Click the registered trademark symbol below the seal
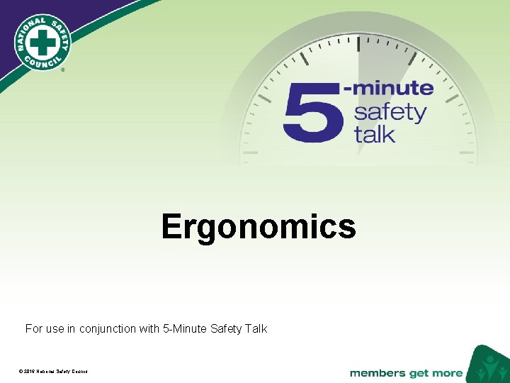coord(62,71)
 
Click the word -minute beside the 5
coord(388,89)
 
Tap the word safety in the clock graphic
coord(390,112)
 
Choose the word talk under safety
coord(375,134)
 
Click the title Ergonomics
coord(258,227)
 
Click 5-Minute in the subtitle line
coord(185,328)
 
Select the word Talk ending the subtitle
coord(256,328)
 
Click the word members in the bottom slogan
coord(378,373)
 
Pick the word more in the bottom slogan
coord(448,373)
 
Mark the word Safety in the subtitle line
coord(226,328)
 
